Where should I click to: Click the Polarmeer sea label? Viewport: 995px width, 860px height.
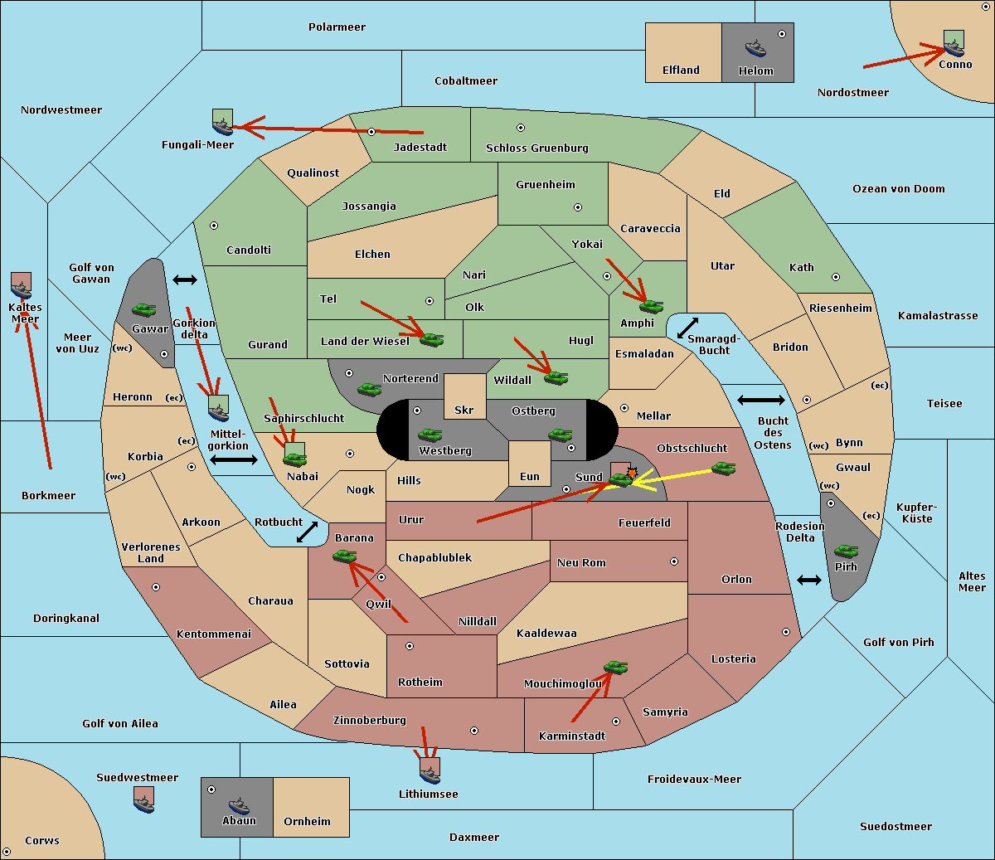[337, 27]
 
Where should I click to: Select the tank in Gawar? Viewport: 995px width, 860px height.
[144, 309]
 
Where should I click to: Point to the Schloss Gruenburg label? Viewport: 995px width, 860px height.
[537, 148]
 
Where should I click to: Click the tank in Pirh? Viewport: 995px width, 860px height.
[846, 551]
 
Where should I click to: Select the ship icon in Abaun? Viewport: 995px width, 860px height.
[240, 805]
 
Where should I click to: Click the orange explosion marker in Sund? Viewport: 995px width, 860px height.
[632, 473]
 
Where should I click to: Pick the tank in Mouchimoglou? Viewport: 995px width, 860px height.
[616, 667]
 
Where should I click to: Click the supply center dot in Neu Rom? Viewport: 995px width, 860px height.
[674, 561]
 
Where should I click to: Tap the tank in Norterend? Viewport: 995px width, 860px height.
[369, 389]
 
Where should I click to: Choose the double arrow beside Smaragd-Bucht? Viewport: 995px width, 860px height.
[687, 328]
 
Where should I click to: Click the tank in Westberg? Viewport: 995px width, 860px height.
[430, 435]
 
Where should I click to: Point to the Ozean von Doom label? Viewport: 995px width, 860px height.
[899, 189]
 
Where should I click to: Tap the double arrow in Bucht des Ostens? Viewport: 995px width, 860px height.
[761, 400]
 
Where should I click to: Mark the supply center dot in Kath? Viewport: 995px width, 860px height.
[836, 277]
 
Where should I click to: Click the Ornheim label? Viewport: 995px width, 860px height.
[307, 821]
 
